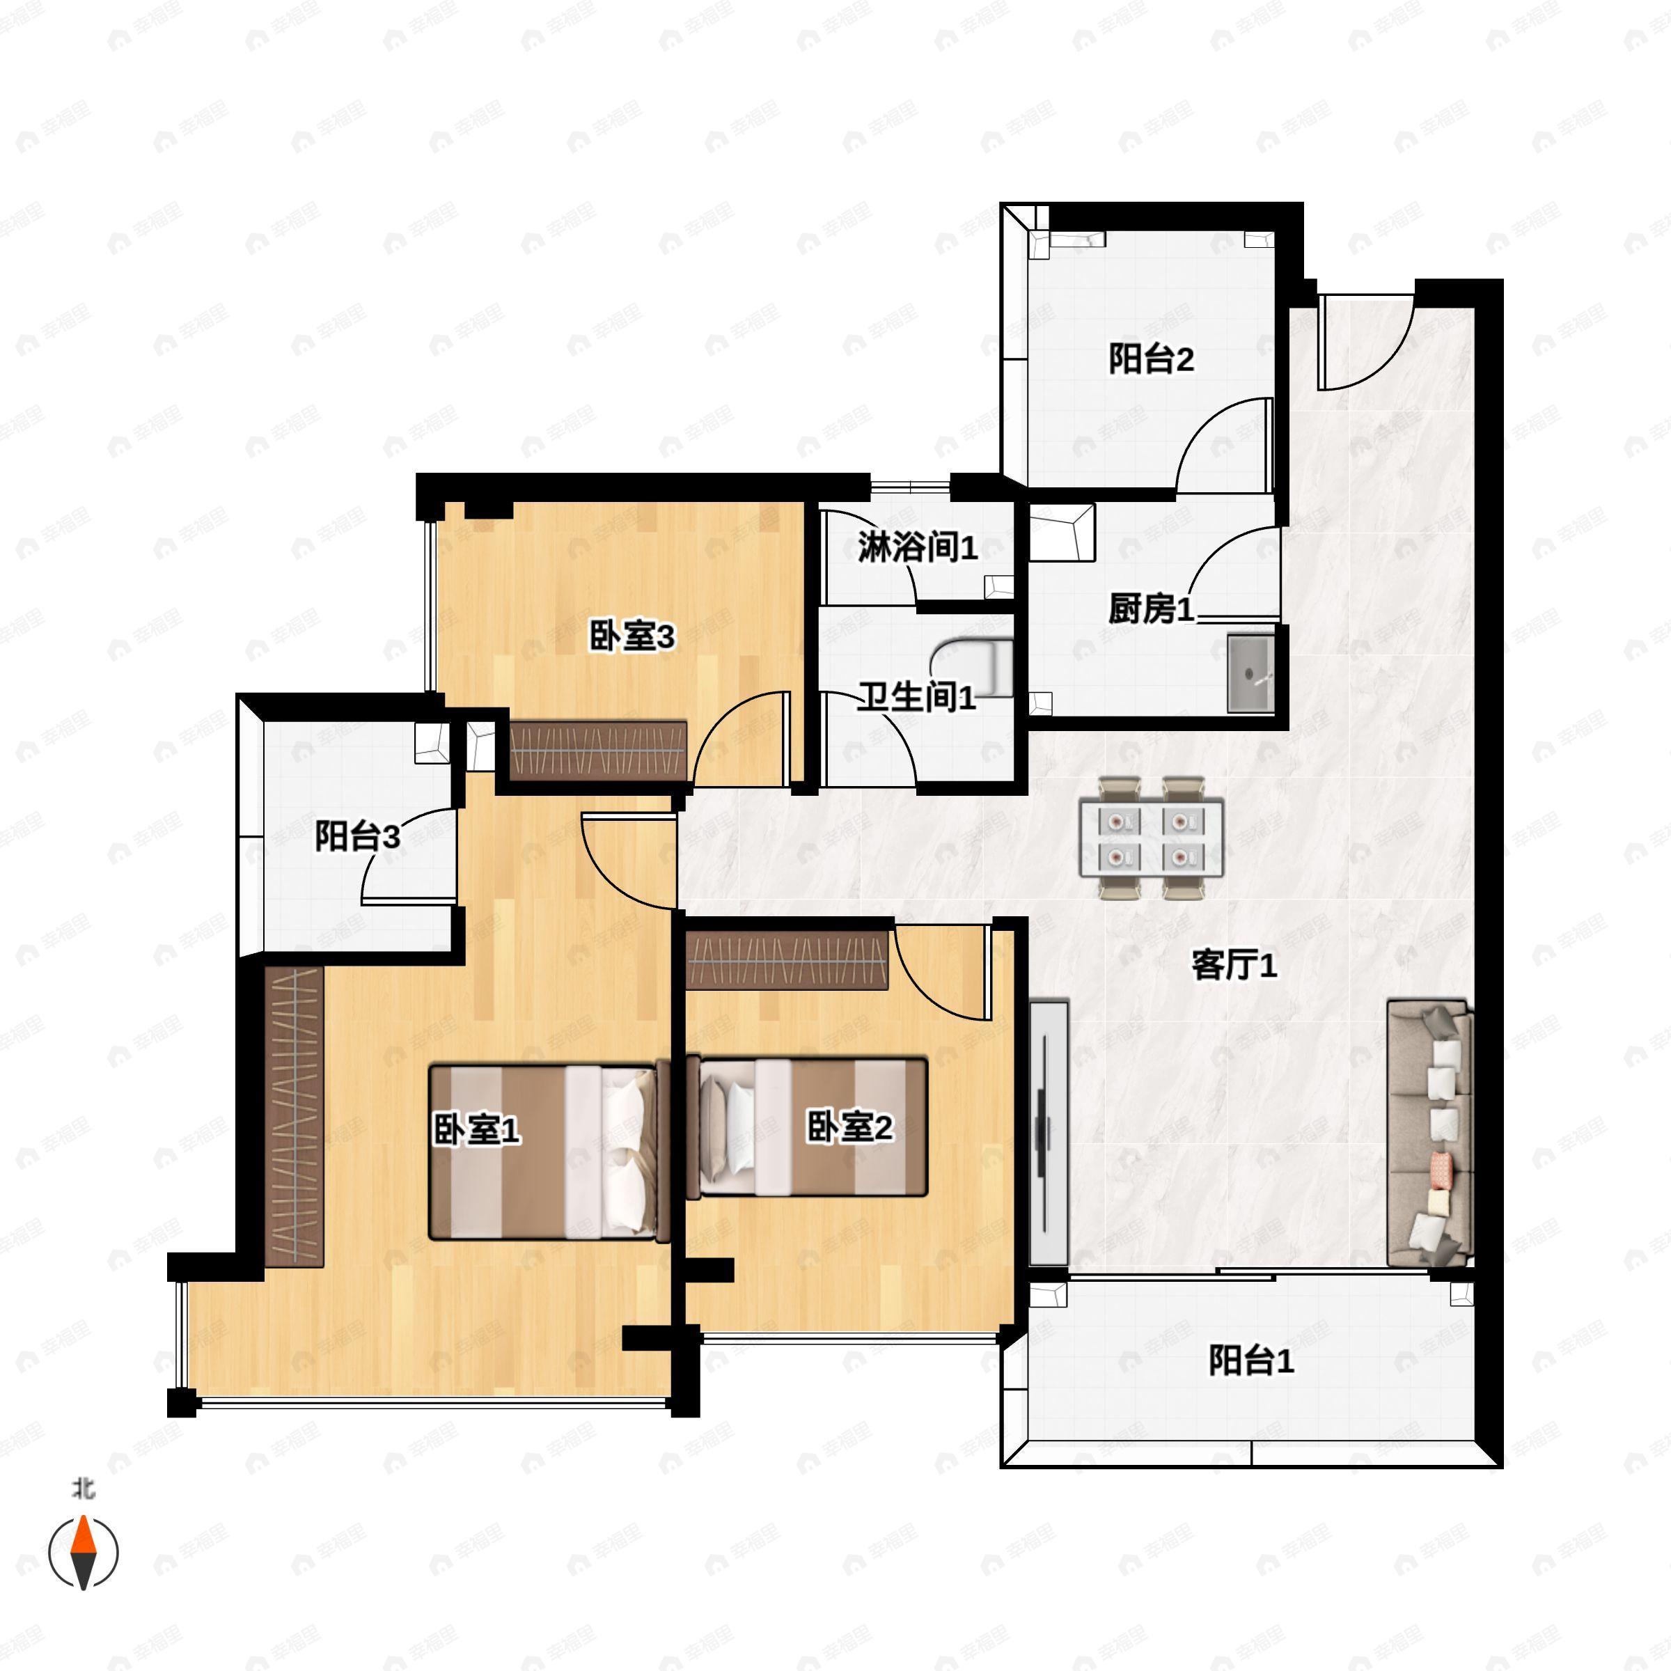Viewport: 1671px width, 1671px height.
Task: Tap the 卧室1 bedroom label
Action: click(x=476, y=1129)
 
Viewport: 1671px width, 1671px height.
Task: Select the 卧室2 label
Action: click(x=849, y=1127)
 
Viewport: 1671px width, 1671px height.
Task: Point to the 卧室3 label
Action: click(x=631, y=636)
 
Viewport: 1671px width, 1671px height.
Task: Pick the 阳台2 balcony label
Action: click(x=1151, y=359)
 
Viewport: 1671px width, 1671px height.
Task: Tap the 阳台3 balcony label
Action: click(x=357, y=836)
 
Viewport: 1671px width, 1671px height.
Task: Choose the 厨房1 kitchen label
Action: click(x=1151, y=609)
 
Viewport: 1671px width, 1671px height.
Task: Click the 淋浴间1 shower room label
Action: click(x=918, y=547)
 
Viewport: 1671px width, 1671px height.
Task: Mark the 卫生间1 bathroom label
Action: click(x=917, y=697)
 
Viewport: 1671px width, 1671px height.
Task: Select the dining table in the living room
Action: click(x=1151, y=837)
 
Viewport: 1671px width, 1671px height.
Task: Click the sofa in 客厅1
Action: click(x=1429, y=1133)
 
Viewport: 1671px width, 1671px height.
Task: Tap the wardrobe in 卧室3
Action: click(x=597, y=750)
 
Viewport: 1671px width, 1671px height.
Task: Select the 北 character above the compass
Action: click(x=83, y=1488)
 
